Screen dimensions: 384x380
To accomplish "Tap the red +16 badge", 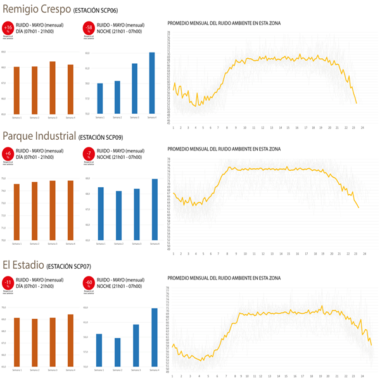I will tap(8, 28).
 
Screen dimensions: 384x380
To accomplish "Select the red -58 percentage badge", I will tap(89, 28).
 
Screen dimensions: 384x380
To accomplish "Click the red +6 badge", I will tap(8, 154).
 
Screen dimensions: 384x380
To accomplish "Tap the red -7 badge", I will tap(89, 154).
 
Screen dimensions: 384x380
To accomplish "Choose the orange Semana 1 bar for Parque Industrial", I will tap(17, 212).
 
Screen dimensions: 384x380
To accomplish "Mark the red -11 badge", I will tap(8, 282).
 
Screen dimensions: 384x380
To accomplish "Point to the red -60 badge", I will tap(89, 282).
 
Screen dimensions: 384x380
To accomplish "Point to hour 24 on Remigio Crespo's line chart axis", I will tap(363, 128).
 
